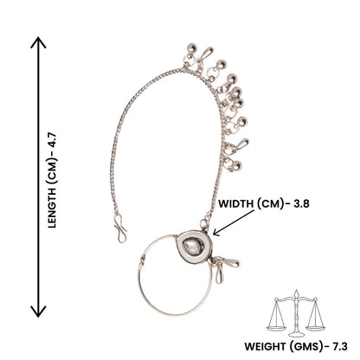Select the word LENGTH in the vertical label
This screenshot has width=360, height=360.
(52, 208)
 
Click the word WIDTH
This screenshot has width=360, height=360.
(235, 203)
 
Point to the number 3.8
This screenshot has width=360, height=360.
(301, 203)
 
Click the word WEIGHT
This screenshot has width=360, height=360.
(265, 346)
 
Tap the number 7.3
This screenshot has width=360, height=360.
(340, 346)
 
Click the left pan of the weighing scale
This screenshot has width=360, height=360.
(276, 328)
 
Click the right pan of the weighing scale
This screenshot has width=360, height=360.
(315, 328)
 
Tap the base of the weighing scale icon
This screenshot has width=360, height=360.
(296, 335)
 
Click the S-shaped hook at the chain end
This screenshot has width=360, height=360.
(119, 228)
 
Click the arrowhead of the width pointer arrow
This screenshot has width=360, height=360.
(215, 232)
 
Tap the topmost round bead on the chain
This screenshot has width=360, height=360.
(191, 48)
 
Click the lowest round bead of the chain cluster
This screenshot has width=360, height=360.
(237, 165)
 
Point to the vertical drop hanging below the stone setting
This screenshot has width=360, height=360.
(219, 275)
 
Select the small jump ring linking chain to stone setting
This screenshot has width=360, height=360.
(204, 224)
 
